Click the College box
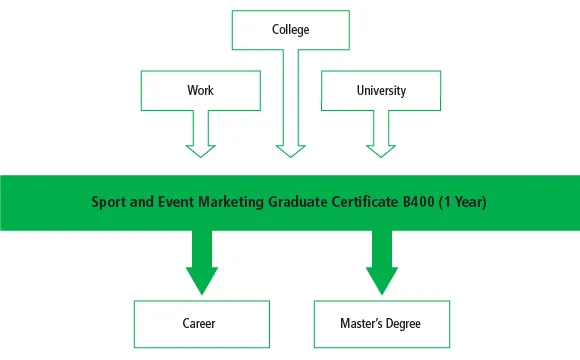tap(290, 30)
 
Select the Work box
tap(200, 90)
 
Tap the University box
tap(380, 90)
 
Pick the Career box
tap(200, 323)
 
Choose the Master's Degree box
tap(380, 323)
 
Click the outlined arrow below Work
tap(200, 135)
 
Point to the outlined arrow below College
tap(290, 110)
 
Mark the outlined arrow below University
tap(380, 135)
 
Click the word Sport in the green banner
tap(108, 202)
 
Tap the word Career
tap(200, 323)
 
